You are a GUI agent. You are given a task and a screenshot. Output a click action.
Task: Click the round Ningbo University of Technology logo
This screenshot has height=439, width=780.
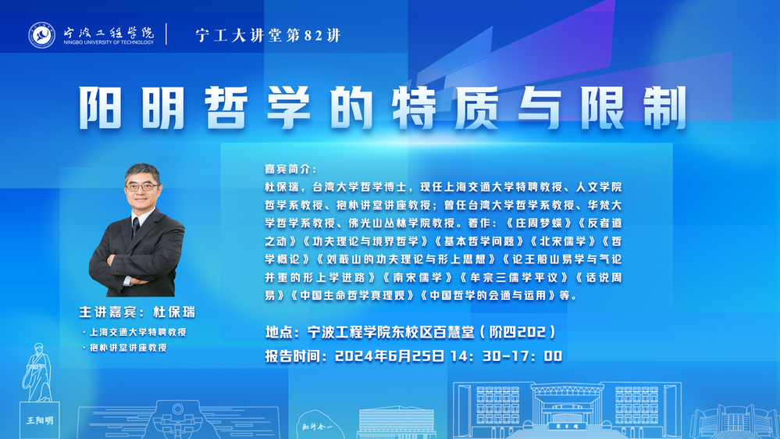coord(42,35)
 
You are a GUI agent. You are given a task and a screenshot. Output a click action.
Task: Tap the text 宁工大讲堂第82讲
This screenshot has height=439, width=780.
coord(268,35)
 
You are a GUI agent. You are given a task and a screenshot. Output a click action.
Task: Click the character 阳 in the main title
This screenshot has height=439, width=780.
coord(100,108)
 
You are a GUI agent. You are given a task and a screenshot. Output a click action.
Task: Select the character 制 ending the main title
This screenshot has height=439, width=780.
coord(665,108)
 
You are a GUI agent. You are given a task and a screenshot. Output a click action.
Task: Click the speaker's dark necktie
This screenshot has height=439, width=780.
coord(136,227)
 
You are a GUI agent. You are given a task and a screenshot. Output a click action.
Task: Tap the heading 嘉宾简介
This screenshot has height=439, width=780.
coord(290,170)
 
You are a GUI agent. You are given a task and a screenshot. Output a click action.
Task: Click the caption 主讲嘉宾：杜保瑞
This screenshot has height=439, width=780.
coord(137,312)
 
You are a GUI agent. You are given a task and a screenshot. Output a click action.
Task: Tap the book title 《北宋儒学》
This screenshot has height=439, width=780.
coord(563,241)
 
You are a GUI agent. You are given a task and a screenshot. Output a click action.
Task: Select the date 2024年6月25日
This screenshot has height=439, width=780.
coord(390,356)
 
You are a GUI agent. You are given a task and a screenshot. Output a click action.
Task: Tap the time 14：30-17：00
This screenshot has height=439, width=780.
coord(507,356)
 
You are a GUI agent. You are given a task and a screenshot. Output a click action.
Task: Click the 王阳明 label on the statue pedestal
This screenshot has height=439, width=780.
coord(40,420)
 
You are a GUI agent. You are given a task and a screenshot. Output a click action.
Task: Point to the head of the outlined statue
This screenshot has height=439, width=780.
coord(39,348)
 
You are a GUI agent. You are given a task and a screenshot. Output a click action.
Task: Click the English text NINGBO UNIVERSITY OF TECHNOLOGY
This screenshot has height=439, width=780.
coord(109,43)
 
